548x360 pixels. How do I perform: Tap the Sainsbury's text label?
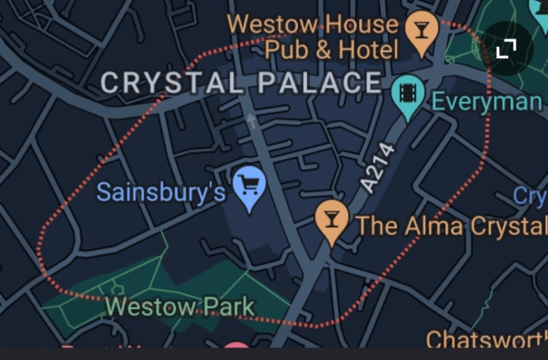tap(161, 192)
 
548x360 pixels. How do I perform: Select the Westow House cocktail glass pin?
tap(422, 31)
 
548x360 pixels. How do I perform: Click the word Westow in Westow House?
tap(272, 25)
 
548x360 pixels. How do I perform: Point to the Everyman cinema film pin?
tap(408, 95)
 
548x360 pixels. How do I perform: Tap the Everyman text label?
tap(486, 101)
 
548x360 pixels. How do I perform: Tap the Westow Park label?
tap(180, 307)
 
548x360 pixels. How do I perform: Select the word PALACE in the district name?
tap(320, 83)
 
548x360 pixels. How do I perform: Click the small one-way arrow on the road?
tap(252, 122)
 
